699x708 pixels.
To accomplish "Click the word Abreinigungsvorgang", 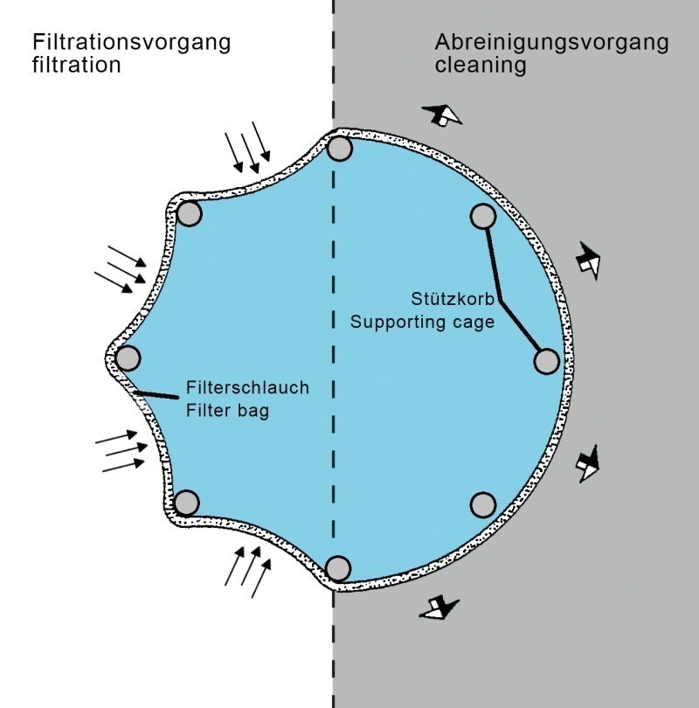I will (x=552, y=42).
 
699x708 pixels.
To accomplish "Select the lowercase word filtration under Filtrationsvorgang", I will (x=77, y=66).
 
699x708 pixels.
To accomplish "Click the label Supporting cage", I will (x=423, y=321).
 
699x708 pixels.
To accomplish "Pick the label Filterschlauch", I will (x=248, y=387).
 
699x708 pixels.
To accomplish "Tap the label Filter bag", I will (x=227, y=409).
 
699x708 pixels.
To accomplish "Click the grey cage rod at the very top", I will (x=340, y=148).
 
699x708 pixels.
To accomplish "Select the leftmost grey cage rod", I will (x=128, y=358).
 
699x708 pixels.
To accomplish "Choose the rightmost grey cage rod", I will (x=546, y=360).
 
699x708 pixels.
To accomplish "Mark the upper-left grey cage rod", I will (x=189, y=213).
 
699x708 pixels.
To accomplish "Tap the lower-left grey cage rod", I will (x=187, y=502).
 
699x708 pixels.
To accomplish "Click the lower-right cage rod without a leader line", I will (x=483, y=504).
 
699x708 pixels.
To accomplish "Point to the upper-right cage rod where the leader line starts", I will (x=483, y=215).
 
